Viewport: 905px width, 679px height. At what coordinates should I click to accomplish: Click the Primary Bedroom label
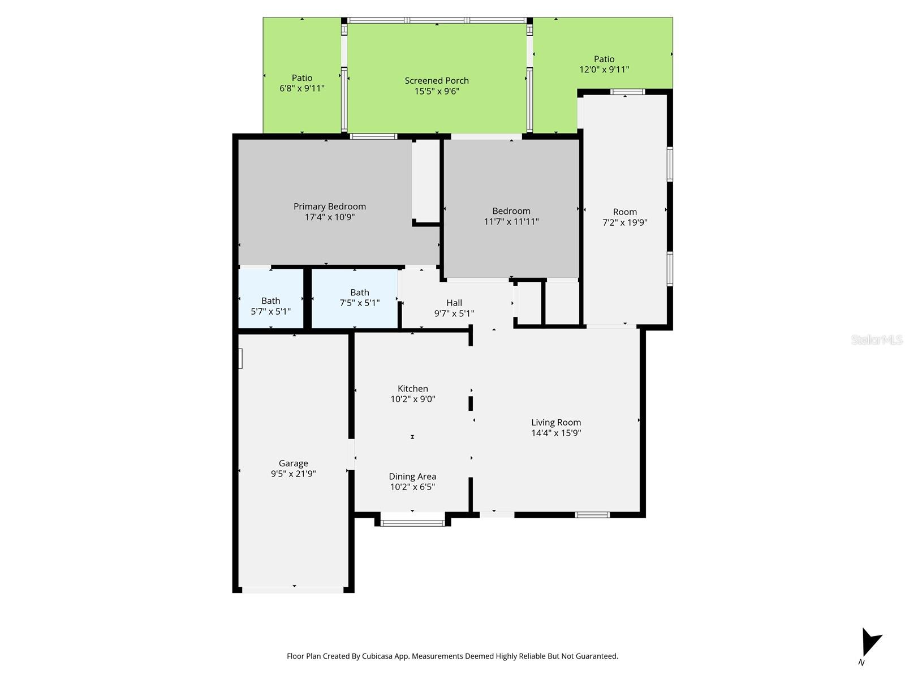329,207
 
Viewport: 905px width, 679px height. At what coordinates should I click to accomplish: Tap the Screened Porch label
437,80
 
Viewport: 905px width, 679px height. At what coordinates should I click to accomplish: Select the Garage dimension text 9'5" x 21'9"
293,474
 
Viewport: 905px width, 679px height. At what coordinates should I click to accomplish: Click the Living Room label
556,422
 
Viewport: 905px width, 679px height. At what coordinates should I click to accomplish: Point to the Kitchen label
413,389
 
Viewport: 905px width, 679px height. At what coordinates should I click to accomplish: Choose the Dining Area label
412,476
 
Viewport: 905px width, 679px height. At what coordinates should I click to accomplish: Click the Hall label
454,303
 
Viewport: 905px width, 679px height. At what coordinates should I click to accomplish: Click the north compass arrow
870,642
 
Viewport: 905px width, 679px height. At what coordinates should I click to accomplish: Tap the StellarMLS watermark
876,340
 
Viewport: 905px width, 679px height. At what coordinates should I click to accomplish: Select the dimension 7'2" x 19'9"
625,222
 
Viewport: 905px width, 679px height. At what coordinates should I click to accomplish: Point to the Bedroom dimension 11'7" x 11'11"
511,222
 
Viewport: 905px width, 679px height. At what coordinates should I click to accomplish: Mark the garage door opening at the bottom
293,590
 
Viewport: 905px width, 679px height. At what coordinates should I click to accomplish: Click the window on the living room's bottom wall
592,514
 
